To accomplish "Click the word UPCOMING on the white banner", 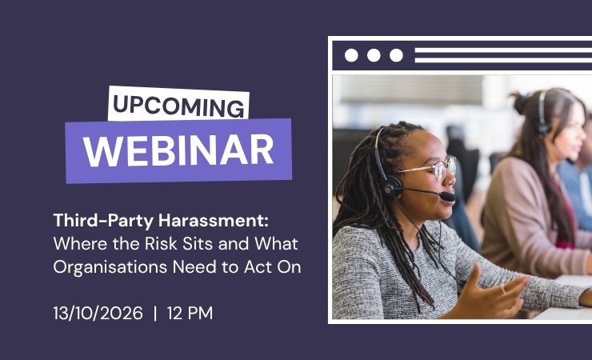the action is (178, 106).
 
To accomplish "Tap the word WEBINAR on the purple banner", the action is (178, 150).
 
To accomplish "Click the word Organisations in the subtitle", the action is (110, 267).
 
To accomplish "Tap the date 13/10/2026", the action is (98, 314).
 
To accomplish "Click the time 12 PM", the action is (190, 314).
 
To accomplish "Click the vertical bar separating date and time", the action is (155, 314).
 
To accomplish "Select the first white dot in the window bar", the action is (351, 55).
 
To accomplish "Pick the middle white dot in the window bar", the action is (374, 55).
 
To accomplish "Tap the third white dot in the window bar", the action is (396, 55).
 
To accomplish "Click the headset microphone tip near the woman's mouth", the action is (448, 196).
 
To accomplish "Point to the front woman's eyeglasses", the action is (434, 167).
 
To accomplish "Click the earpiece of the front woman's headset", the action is (390, 185).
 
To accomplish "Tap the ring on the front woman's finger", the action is (503, 290).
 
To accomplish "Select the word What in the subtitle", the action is (276, 244).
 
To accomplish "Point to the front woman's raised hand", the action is (487, 293).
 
